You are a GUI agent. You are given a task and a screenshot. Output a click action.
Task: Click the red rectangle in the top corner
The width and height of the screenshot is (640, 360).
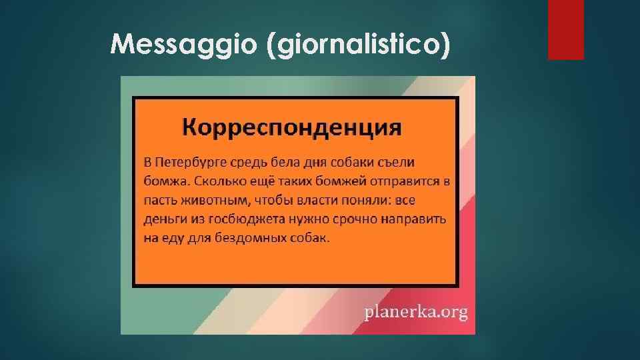[x=565, y=29]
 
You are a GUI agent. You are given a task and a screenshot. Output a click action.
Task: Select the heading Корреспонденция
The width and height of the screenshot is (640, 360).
[x=292, y=127]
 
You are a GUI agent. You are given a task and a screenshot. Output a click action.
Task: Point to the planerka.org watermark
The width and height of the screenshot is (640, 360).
[x=416, y=311]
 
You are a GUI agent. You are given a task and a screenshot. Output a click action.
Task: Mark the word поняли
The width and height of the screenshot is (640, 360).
[x=366, y=201]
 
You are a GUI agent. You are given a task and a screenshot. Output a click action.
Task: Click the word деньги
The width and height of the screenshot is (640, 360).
[x=164, y=219]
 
